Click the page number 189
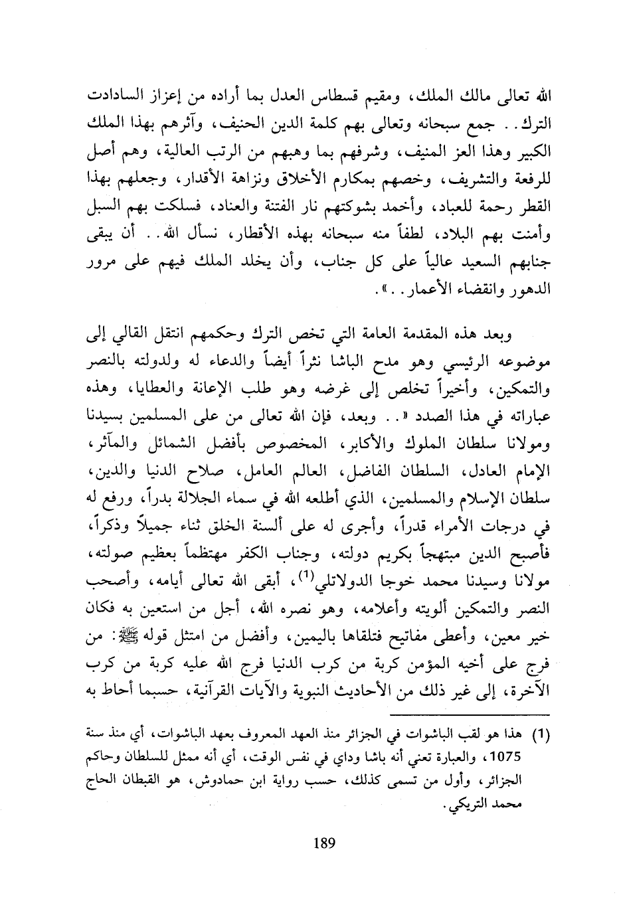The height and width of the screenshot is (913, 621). pyautogui.click(x=323, y=844)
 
